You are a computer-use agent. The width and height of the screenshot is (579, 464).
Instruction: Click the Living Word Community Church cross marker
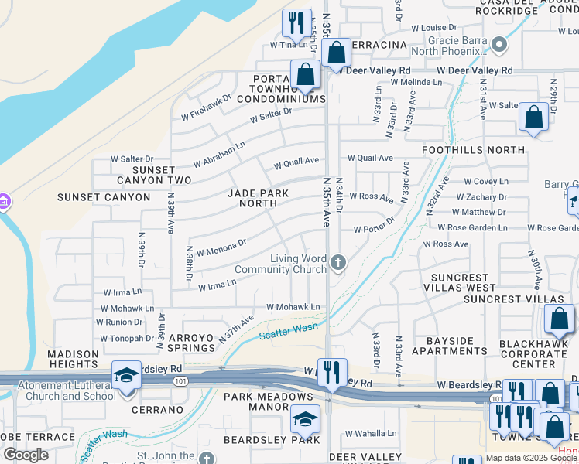337,264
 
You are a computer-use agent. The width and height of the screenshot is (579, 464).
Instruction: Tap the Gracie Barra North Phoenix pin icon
500,44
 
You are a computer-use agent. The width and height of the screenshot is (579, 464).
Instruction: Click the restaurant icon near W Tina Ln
296,24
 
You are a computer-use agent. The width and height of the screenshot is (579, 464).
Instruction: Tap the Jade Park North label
258,198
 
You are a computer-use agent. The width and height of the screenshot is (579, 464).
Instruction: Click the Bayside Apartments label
450,346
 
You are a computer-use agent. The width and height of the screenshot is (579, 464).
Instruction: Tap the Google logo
26,455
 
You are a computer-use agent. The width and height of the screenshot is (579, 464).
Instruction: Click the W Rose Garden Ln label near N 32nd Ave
471,228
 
